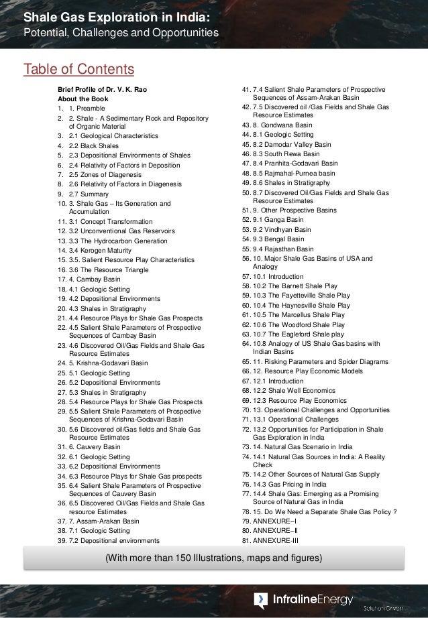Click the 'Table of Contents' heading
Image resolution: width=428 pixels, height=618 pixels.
(78, 69)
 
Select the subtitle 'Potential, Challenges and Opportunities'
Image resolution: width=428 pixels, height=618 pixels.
(120, 33)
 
